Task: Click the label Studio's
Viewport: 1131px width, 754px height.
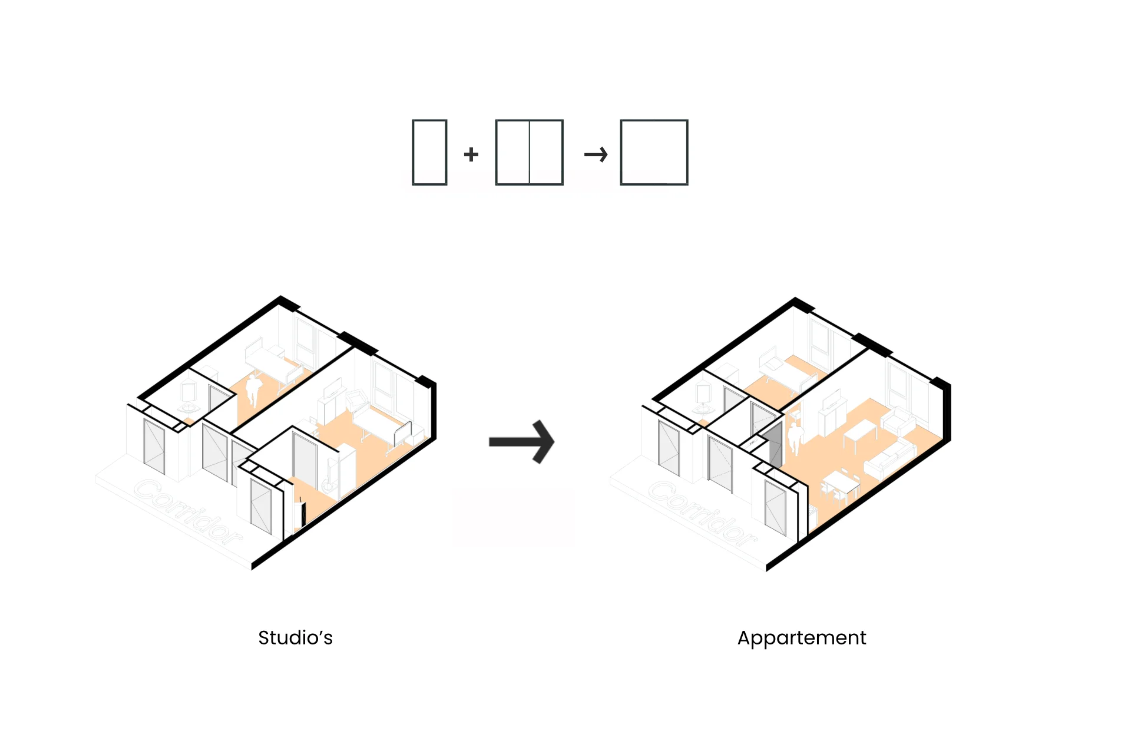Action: (x=295, y=637)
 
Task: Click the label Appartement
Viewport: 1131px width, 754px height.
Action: (x=801, y=637)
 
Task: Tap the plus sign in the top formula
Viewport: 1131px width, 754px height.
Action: (x=471, y=154)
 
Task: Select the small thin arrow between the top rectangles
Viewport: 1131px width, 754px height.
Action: (x=596, y=154)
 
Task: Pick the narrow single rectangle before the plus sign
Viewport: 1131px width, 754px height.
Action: (x=429, y=153)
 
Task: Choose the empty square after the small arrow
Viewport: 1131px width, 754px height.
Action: (x=654, y=153)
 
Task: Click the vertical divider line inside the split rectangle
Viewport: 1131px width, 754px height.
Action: (x=530, y=153)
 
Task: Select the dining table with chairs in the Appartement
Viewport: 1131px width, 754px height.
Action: (x=839, y=487)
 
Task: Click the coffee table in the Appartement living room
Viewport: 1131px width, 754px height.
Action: (x=860, y=433)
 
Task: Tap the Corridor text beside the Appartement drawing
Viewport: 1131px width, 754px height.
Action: (x=702, y=512)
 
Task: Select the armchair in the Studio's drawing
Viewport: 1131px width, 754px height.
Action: (x=357, y=401)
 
